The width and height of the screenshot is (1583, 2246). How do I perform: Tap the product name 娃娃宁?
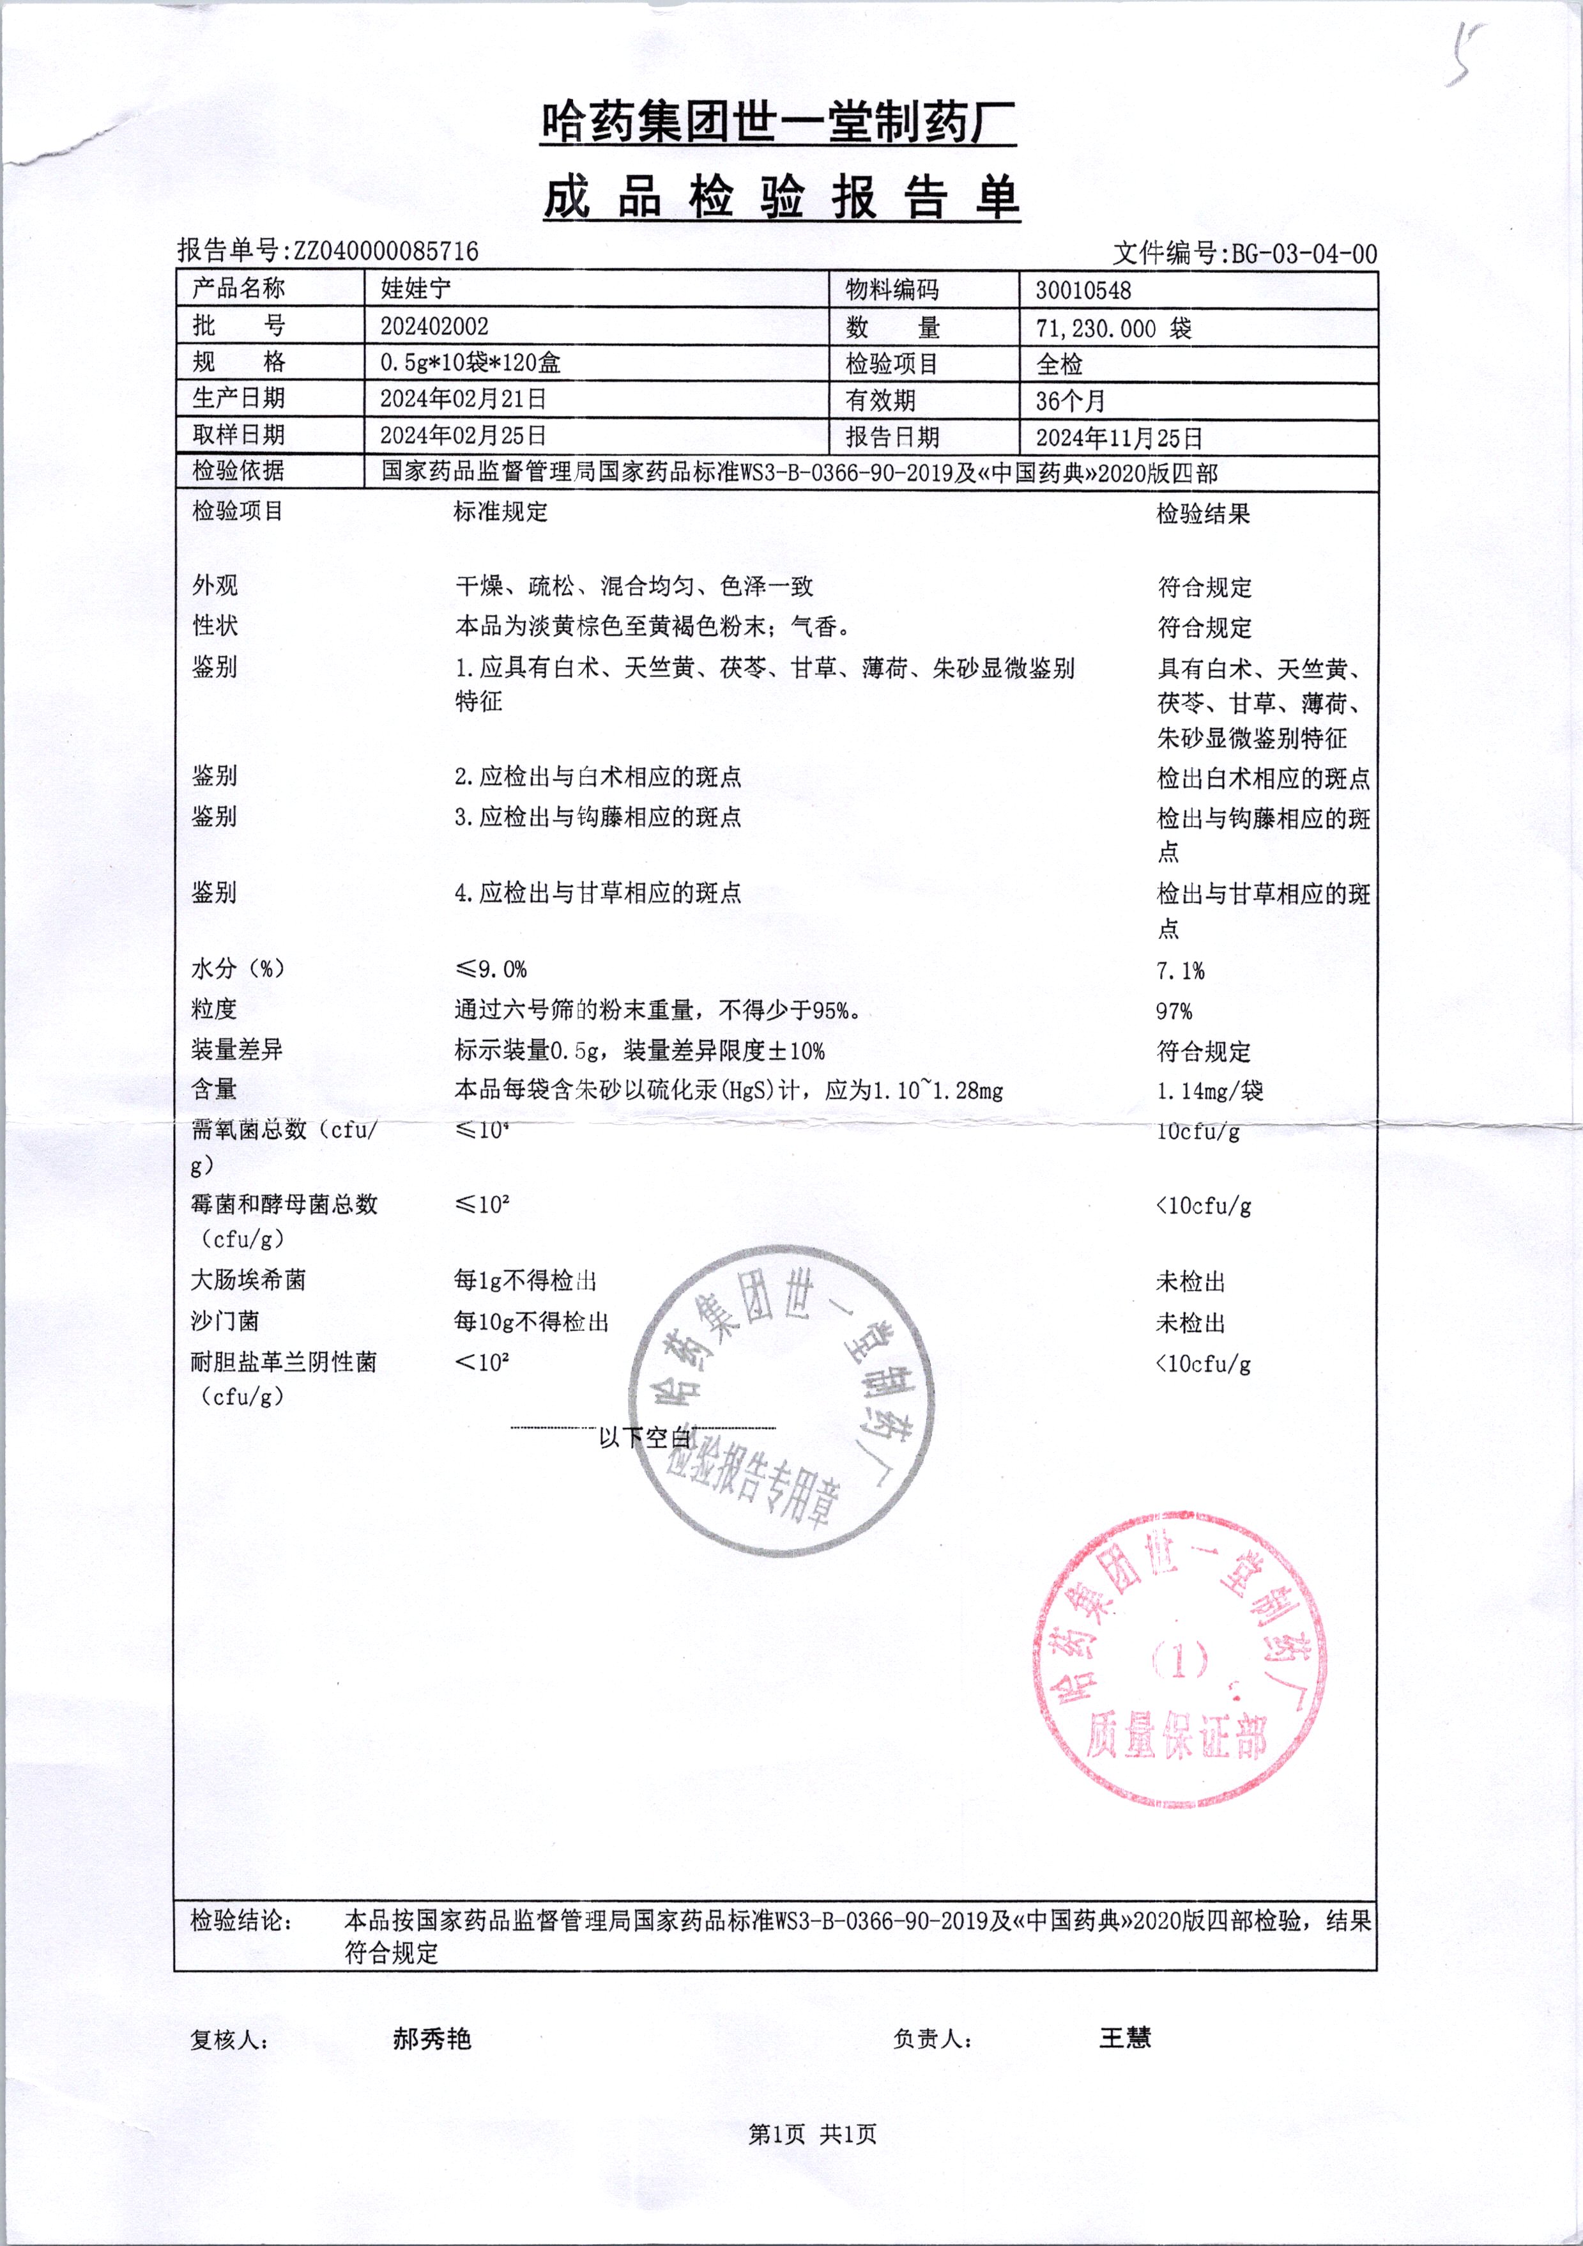[415, 288]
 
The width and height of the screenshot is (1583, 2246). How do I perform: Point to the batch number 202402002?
[434, 326]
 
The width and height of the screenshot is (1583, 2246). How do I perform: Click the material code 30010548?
[1083, 291]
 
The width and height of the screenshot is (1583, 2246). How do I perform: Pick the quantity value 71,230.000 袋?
[1113, 329]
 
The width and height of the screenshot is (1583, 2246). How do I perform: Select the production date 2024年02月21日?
[463, 399]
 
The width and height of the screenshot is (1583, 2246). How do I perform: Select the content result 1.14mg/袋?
[1209, 1090]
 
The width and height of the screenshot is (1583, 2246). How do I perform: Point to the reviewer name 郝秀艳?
[432, 2039]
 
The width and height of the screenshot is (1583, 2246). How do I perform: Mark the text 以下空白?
[645, 1437]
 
